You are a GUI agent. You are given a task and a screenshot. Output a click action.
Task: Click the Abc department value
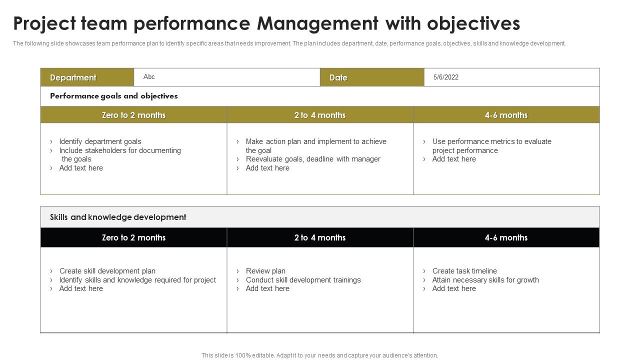[x=149, y=77]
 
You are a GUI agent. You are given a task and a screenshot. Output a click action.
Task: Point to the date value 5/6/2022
[x=445, y=77]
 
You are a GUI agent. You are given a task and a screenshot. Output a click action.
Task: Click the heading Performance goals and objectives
[x=114, y=96]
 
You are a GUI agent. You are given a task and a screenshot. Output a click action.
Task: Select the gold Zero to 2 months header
[x=133, y=115]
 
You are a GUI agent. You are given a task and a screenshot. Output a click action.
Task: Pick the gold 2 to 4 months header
[x=320, y=115]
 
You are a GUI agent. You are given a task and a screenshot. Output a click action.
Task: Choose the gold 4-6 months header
[x=506, y=115]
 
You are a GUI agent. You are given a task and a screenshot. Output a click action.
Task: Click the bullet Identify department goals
[x=100, y=141]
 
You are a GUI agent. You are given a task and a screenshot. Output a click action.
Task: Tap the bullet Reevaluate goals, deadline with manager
[x=313, y=159]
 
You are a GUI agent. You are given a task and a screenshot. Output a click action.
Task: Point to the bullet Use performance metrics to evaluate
[x=491, y=141]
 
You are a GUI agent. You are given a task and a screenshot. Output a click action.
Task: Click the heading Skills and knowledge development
[x=118, y=217]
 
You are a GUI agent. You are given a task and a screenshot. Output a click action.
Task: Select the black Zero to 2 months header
[x=133, y=237]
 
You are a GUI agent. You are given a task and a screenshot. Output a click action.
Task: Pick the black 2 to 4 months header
[x=320, y=237]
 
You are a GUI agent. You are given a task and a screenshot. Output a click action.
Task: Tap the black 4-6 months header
[x=506, y=237]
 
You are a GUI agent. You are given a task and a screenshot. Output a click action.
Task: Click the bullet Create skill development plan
[x=107, y=271]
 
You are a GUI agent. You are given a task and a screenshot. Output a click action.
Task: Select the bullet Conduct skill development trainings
[x=303, y=280]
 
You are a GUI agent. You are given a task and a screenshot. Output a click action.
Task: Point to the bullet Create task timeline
[x=464, y=271]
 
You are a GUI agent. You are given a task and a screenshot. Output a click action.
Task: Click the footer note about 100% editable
[x=320, y=355]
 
